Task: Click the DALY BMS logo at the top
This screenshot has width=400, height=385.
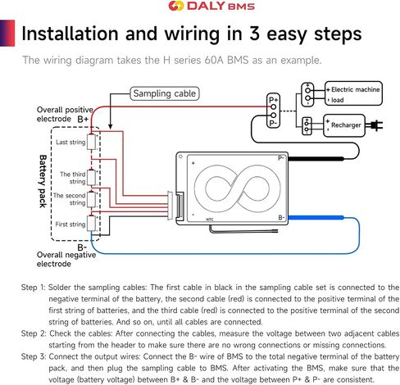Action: point(211,6)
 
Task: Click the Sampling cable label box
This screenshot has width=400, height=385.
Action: point(165,93)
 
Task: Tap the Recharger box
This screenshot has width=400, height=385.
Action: point(344,125)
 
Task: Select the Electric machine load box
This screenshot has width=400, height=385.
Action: point(353,93)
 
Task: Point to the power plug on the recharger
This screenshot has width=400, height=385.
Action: point(376,125)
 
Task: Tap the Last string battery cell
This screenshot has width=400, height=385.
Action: point(91,142)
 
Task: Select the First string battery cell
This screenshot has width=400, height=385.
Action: point(91,224)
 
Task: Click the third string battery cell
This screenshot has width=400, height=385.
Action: point(91,178)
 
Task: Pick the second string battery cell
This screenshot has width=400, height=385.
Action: point(91,199)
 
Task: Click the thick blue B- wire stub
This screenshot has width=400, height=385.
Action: point(316,218)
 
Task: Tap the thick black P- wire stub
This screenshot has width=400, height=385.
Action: point(316,159)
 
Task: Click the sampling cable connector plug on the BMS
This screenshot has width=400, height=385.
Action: point(170,206)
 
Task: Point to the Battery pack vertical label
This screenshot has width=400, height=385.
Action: point(43,181)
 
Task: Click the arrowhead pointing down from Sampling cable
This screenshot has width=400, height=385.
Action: point(110,126)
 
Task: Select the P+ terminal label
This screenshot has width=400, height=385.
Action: point(273,100)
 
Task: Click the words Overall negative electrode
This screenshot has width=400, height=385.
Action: point(66,259)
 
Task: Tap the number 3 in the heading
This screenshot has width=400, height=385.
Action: point(254,34)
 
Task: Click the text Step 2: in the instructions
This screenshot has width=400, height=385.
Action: point(34,333)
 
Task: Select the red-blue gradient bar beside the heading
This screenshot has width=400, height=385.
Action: point(7,33)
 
